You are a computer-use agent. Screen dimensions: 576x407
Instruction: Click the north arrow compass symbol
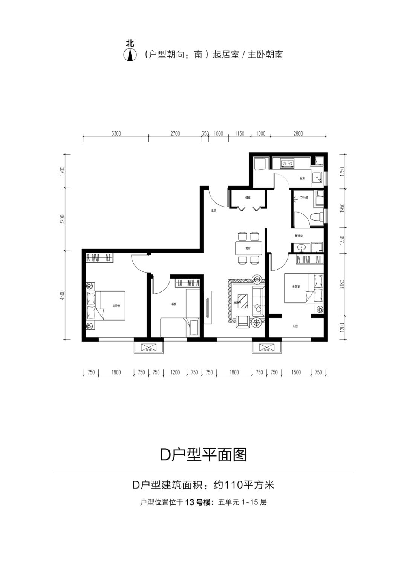(x=130, y=55)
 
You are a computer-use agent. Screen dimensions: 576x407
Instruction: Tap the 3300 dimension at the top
(x=116, y=133)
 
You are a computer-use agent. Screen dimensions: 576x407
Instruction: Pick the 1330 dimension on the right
(x=342, y=240)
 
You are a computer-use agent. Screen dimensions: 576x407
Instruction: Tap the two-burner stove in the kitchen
(x=288, y=163)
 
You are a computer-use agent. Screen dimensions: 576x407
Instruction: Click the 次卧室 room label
(x=116, y=306)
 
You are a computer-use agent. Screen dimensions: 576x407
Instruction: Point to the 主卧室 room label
(x=296, y=287)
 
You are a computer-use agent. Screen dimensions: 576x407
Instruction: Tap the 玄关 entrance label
(x=214, y=210)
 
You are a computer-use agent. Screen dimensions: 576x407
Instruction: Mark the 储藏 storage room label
(x=248, y=197)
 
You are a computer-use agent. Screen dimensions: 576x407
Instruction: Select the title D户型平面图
(x=203, y=455)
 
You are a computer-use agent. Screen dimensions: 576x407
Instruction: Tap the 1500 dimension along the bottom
(x=296, y=372)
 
